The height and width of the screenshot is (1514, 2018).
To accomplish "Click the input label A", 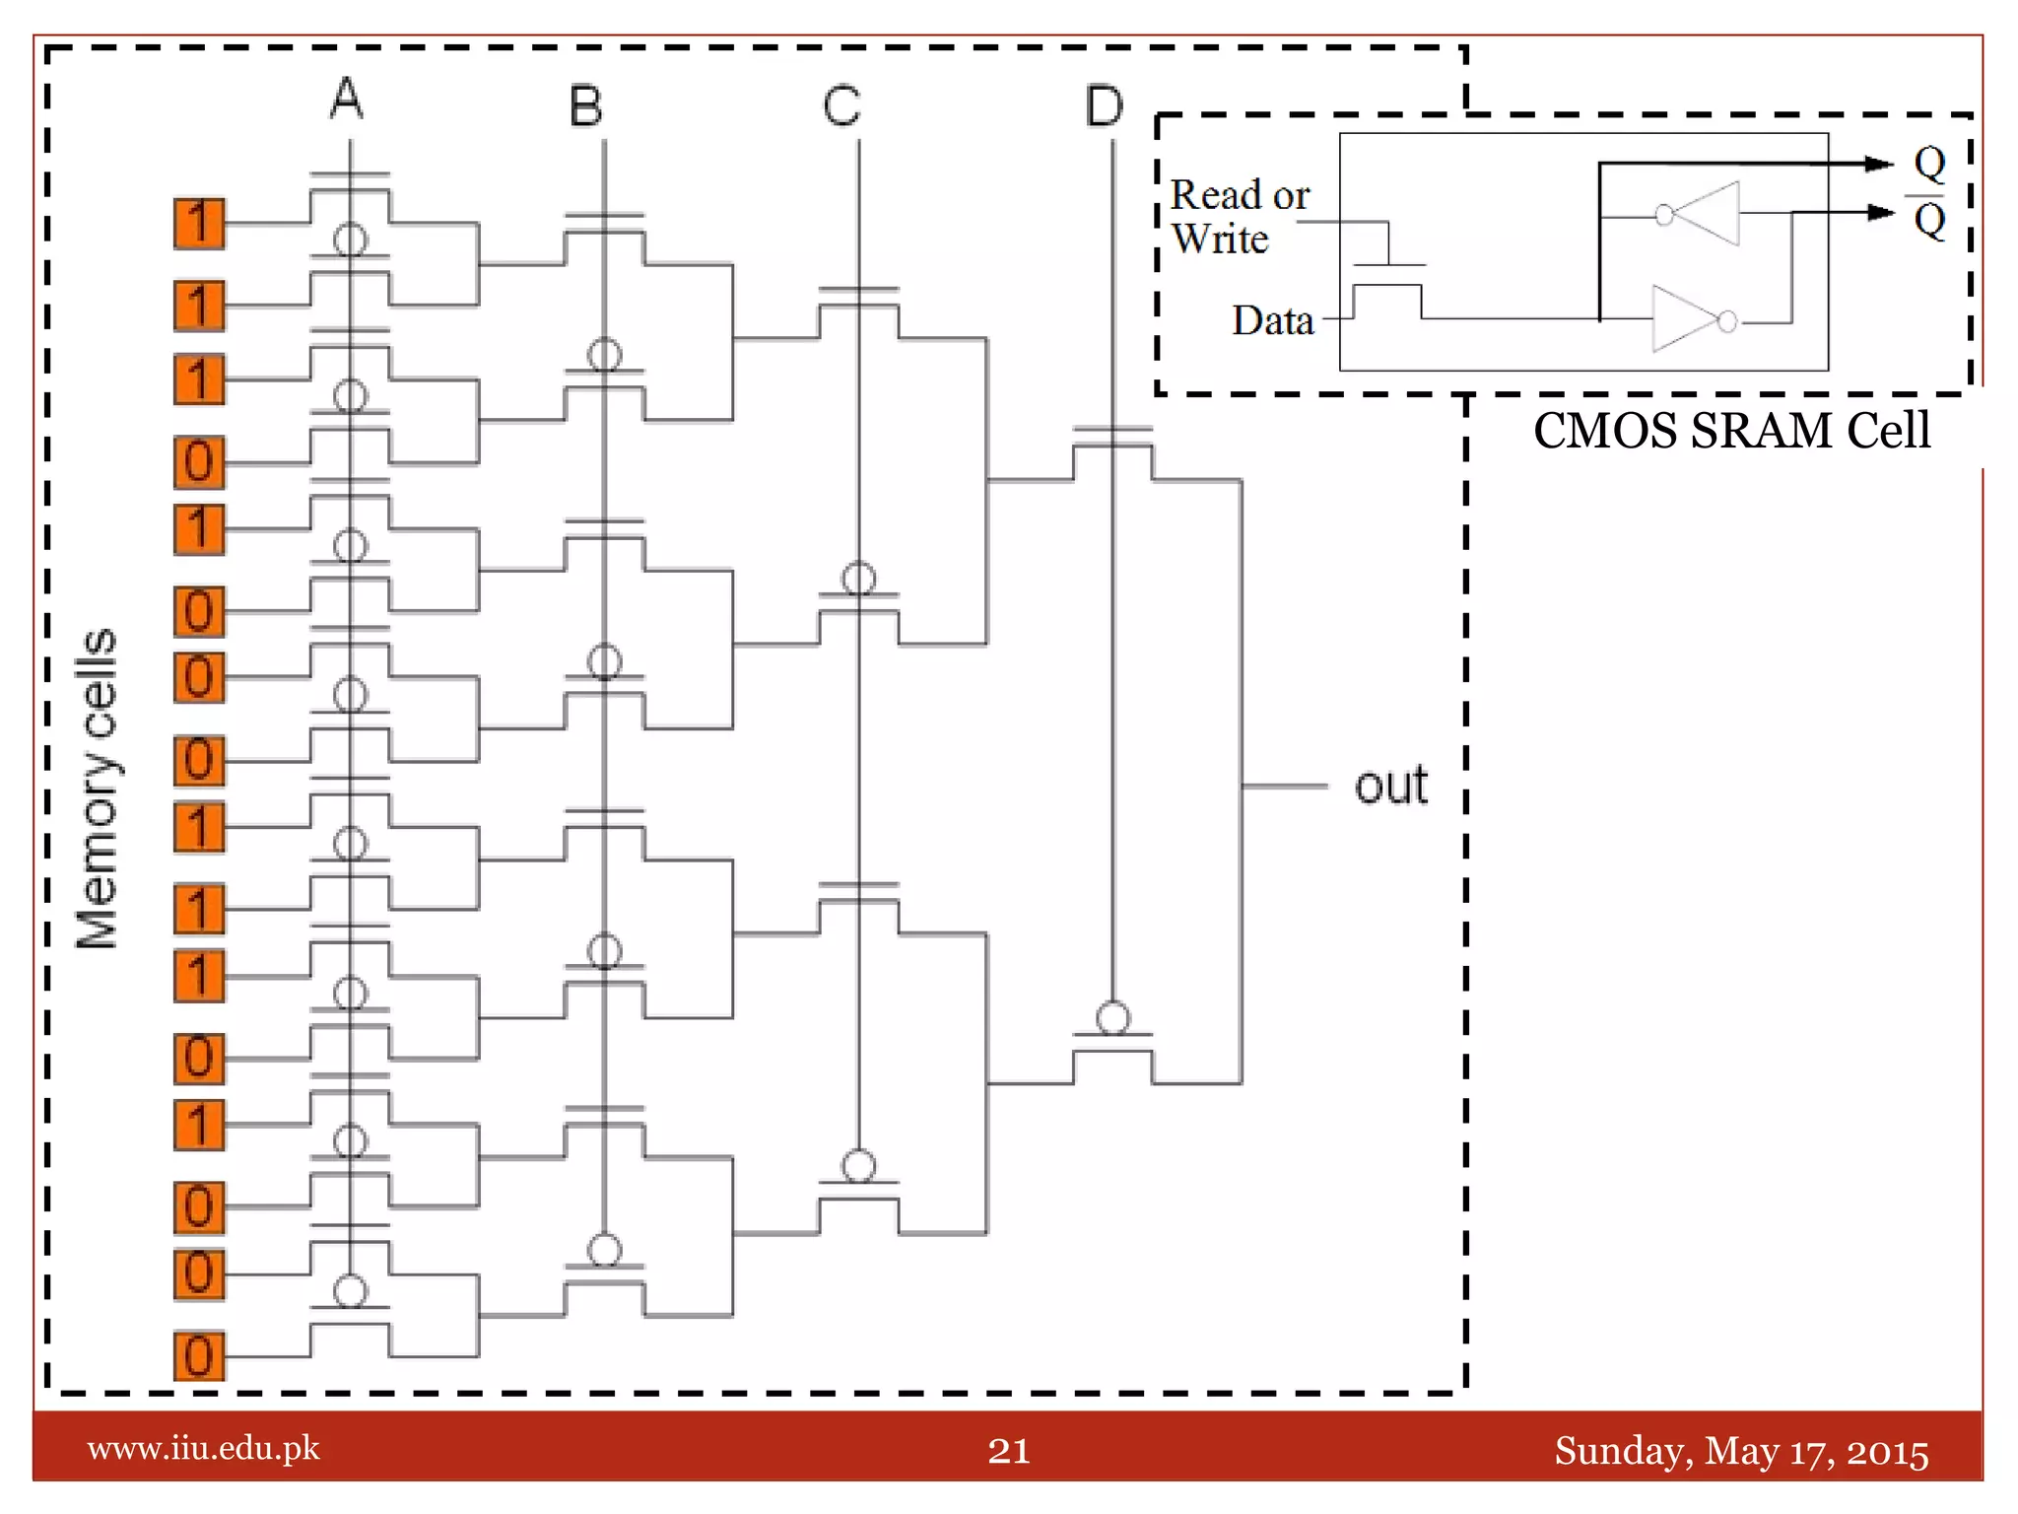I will [x=347, y=99].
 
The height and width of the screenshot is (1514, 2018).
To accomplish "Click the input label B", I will [x=586, y=105].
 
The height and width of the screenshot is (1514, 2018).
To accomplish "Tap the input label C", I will [x=842, y=105].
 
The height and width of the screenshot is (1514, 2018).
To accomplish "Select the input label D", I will [x=1104, y=105].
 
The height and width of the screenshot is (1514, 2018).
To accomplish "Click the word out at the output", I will [x=1390, y=786].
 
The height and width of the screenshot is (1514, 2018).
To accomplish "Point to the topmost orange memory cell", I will [x=199, y=224].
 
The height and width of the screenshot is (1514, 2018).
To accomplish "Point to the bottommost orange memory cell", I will [x=199, y=1355].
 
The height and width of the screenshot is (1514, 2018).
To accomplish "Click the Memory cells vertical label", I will [x=97, y=789].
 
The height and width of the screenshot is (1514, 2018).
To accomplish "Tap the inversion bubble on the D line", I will [x=1113, y=1017].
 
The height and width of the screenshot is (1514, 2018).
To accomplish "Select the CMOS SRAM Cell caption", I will [x=1731, y=431].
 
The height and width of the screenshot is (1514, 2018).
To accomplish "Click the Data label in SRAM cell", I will [x=1272, y=320].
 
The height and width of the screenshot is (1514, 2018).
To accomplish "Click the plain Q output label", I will [x=1929, y=162].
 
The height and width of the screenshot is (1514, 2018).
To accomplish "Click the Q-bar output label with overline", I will [x=1929, y=219].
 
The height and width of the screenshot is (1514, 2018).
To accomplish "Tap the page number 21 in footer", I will [x=1009, y=1450].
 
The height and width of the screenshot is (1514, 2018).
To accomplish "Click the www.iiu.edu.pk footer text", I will [x=204, y=1448].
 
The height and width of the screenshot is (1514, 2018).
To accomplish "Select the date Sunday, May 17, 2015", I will [x=1741, y=1451].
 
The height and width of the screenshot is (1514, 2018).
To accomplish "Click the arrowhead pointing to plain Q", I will [x=1879, y=164].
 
